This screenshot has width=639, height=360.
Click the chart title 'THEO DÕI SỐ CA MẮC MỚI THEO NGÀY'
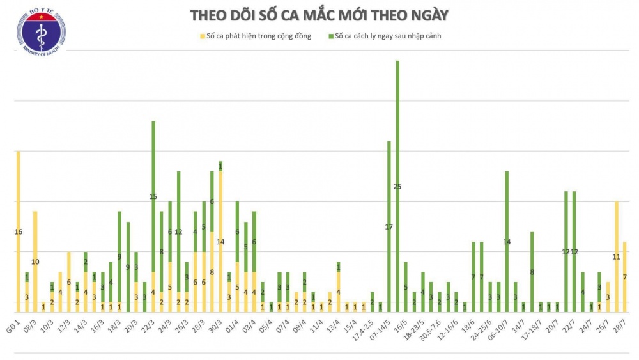(319, 15)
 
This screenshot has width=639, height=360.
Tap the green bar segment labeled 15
(153, 196)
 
